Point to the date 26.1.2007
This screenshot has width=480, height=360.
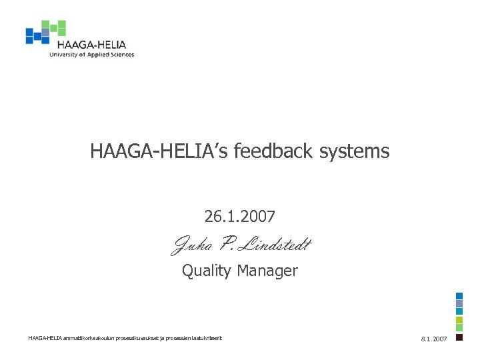tap(240, 217)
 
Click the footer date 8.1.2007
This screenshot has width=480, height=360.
tap(434, 339)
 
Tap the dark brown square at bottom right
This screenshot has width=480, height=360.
tap(459, 337)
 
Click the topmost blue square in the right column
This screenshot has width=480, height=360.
tap(459, 296)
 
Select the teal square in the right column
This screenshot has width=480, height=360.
tap(459, 311)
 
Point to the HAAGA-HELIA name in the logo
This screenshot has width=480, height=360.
tap(91, 45)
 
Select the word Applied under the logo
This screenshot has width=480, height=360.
tap(97, 55)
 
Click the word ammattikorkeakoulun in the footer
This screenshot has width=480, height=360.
tap(85, 339)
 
